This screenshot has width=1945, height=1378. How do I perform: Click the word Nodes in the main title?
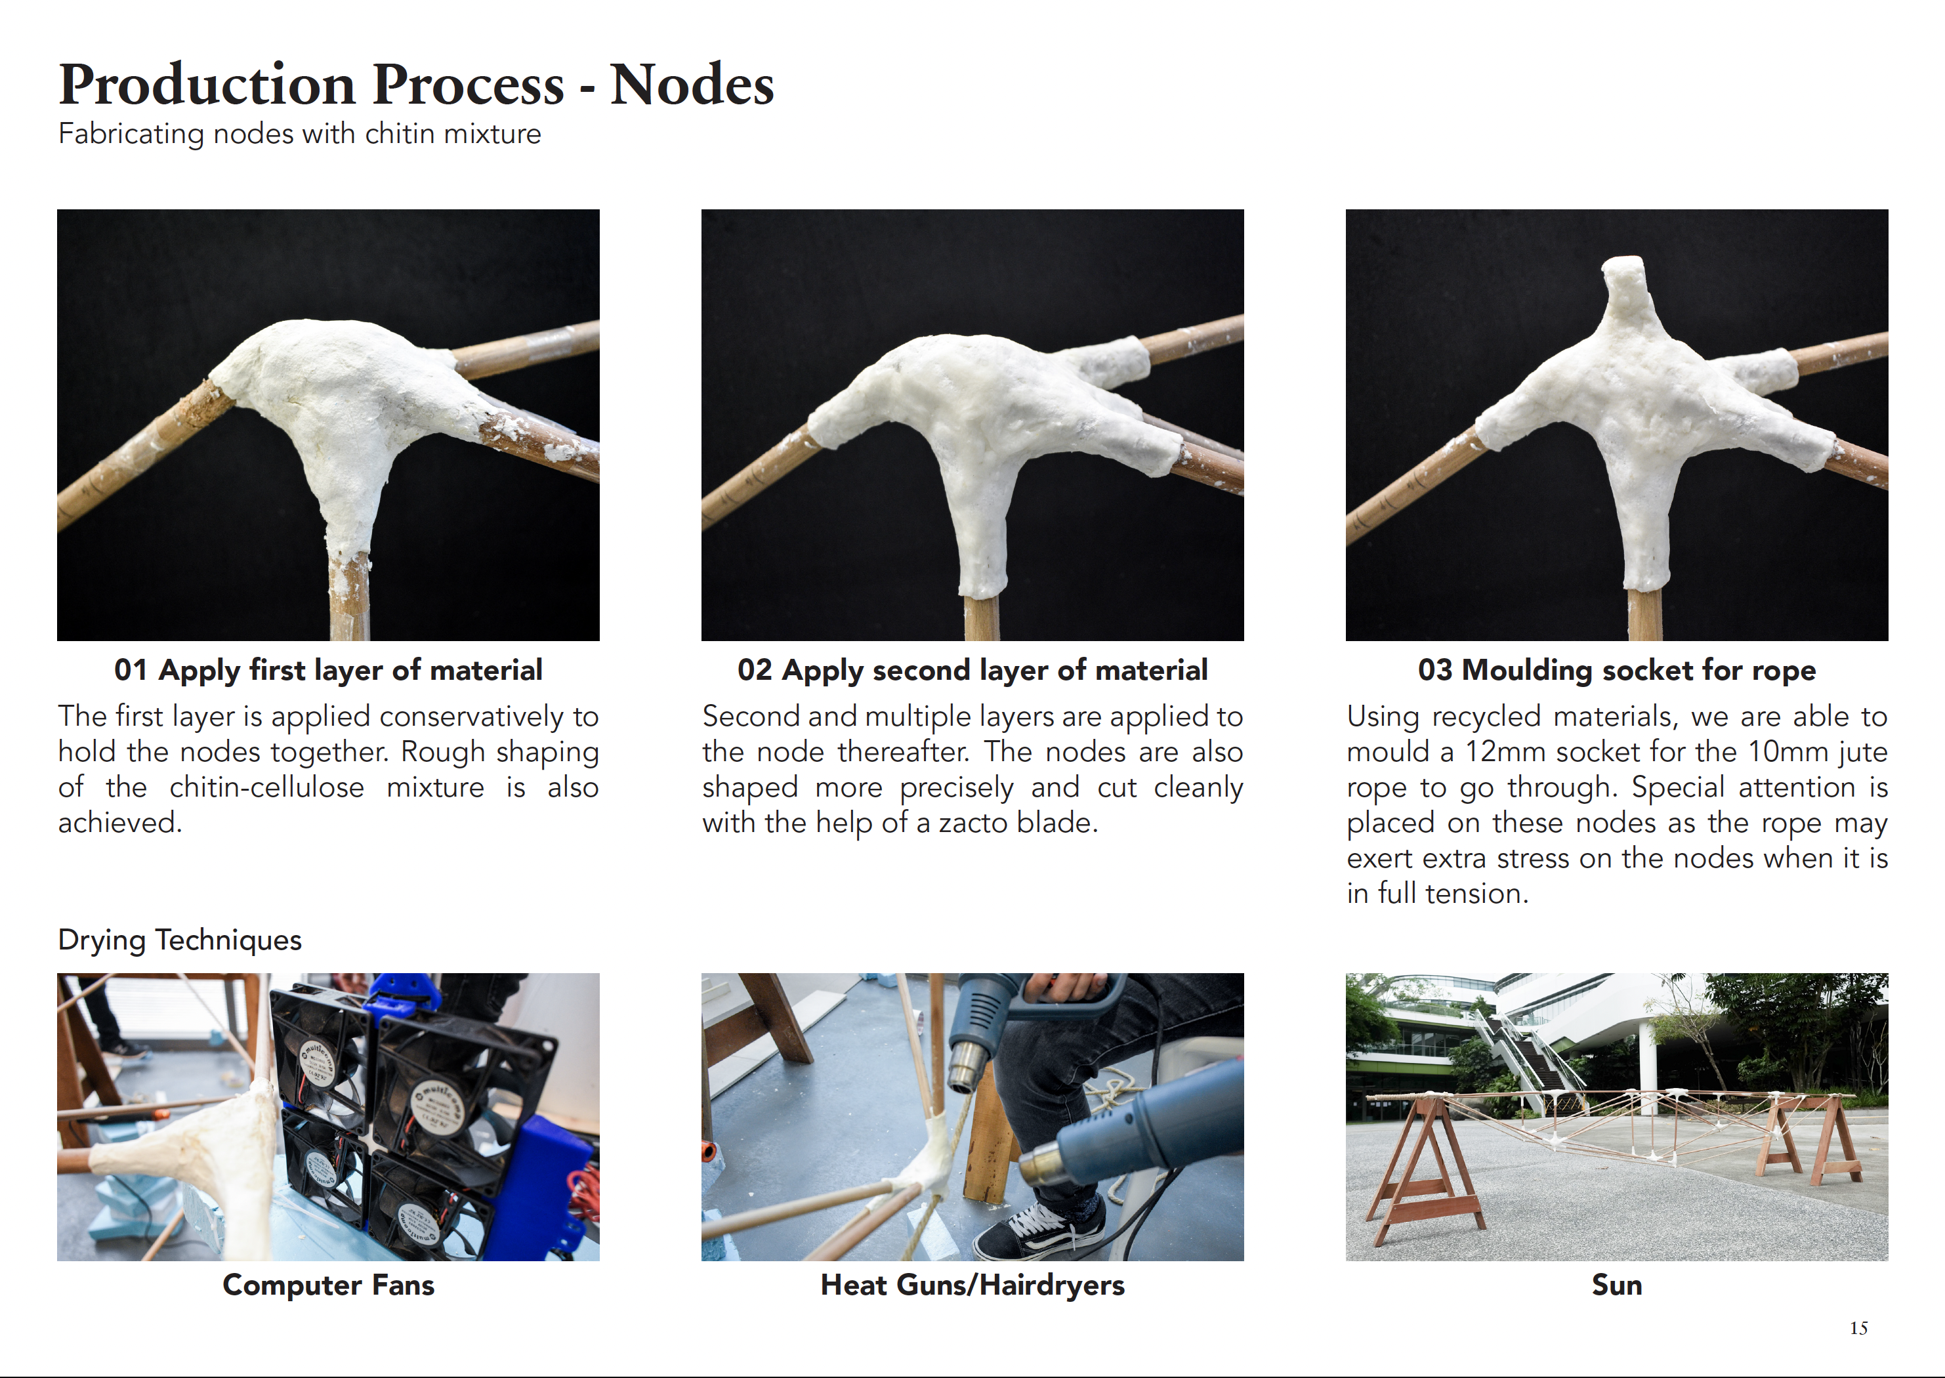[x=692, y=84]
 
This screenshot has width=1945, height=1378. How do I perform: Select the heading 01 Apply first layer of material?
[x=328, y=671]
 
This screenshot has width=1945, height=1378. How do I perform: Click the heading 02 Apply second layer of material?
[x=972, y=671]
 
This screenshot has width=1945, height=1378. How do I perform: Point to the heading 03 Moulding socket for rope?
[x=1617, y=671]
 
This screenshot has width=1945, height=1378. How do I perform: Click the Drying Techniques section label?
[x=180, y=940]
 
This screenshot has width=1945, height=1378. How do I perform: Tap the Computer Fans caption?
[x=328, y=1285]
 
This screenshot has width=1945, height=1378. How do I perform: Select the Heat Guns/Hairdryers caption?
[x=972, y=1285]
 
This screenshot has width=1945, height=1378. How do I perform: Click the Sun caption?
[x=1617, y=1285]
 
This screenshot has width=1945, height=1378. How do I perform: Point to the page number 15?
[x=1858, y=1328]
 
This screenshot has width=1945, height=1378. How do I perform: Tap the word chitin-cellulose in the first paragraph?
[x=266, y=787]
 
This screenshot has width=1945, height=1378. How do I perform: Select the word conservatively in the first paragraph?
[x=471, y=717]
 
